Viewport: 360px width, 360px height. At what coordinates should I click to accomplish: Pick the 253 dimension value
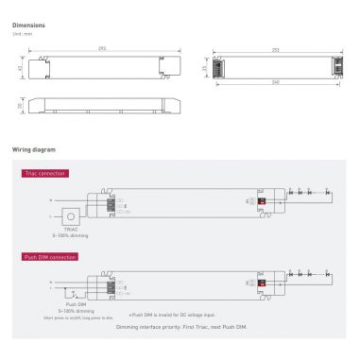click(275, 48)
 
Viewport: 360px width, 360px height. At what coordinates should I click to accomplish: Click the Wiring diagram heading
click(33, 149)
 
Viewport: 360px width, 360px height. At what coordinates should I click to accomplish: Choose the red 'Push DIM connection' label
click(49, 256)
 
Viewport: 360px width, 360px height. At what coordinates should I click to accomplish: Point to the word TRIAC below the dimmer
click(71, 228)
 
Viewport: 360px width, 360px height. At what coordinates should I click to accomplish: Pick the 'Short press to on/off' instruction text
click(72, 318)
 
